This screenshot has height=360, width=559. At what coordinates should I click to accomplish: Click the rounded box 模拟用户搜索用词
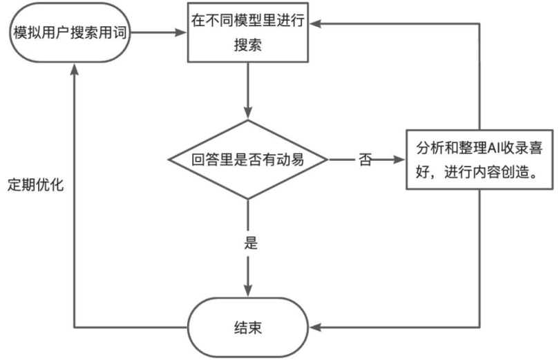tap(69, 33)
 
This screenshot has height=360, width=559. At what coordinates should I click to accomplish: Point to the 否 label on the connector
tap(366, 160)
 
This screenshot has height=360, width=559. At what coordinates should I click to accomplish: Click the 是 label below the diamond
tap(251, 243)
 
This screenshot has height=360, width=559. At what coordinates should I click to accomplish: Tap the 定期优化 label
tap(35, 186)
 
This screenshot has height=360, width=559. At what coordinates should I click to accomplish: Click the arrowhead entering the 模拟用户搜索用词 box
tap(74, 67)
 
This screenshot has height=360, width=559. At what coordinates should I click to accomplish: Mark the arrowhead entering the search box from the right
tap(312, 23)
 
